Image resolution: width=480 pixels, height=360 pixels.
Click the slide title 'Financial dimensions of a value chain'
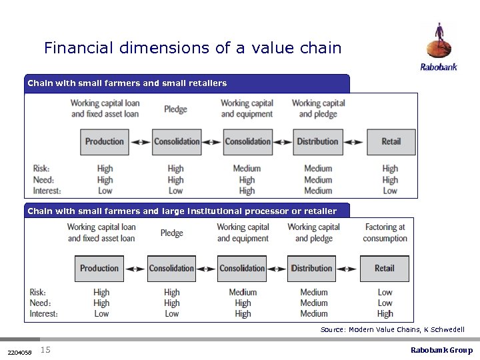coord(192,48)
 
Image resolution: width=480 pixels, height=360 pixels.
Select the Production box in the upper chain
coord(104,141)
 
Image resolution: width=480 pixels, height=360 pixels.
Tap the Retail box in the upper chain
coord(391,141)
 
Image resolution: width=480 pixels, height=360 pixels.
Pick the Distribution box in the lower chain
coord(311,269)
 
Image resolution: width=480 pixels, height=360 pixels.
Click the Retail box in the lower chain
coord(384,269)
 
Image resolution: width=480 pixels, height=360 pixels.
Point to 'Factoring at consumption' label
coord(385,233)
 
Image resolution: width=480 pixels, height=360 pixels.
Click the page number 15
coord(45,350)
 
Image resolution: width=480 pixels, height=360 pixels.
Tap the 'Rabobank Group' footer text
coord(441,350)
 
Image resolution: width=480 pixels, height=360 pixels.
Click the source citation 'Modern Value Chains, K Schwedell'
coord(392,329)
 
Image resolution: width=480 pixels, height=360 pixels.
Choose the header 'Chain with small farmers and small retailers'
coord(127,83)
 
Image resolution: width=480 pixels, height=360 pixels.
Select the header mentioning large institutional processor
coord(181,211)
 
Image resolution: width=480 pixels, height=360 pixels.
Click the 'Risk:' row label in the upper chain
coord(41,169)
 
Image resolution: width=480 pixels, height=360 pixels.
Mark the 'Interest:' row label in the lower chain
coord(43,313)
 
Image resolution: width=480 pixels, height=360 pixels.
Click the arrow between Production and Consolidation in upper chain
coord(140,141)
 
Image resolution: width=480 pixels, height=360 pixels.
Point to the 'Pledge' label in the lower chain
coord(171,233)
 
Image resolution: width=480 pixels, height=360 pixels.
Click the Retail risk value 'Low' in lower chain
coord(385,292)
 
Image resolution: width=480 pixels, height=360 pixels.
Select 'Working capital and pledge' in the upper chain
coord(318,108)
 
